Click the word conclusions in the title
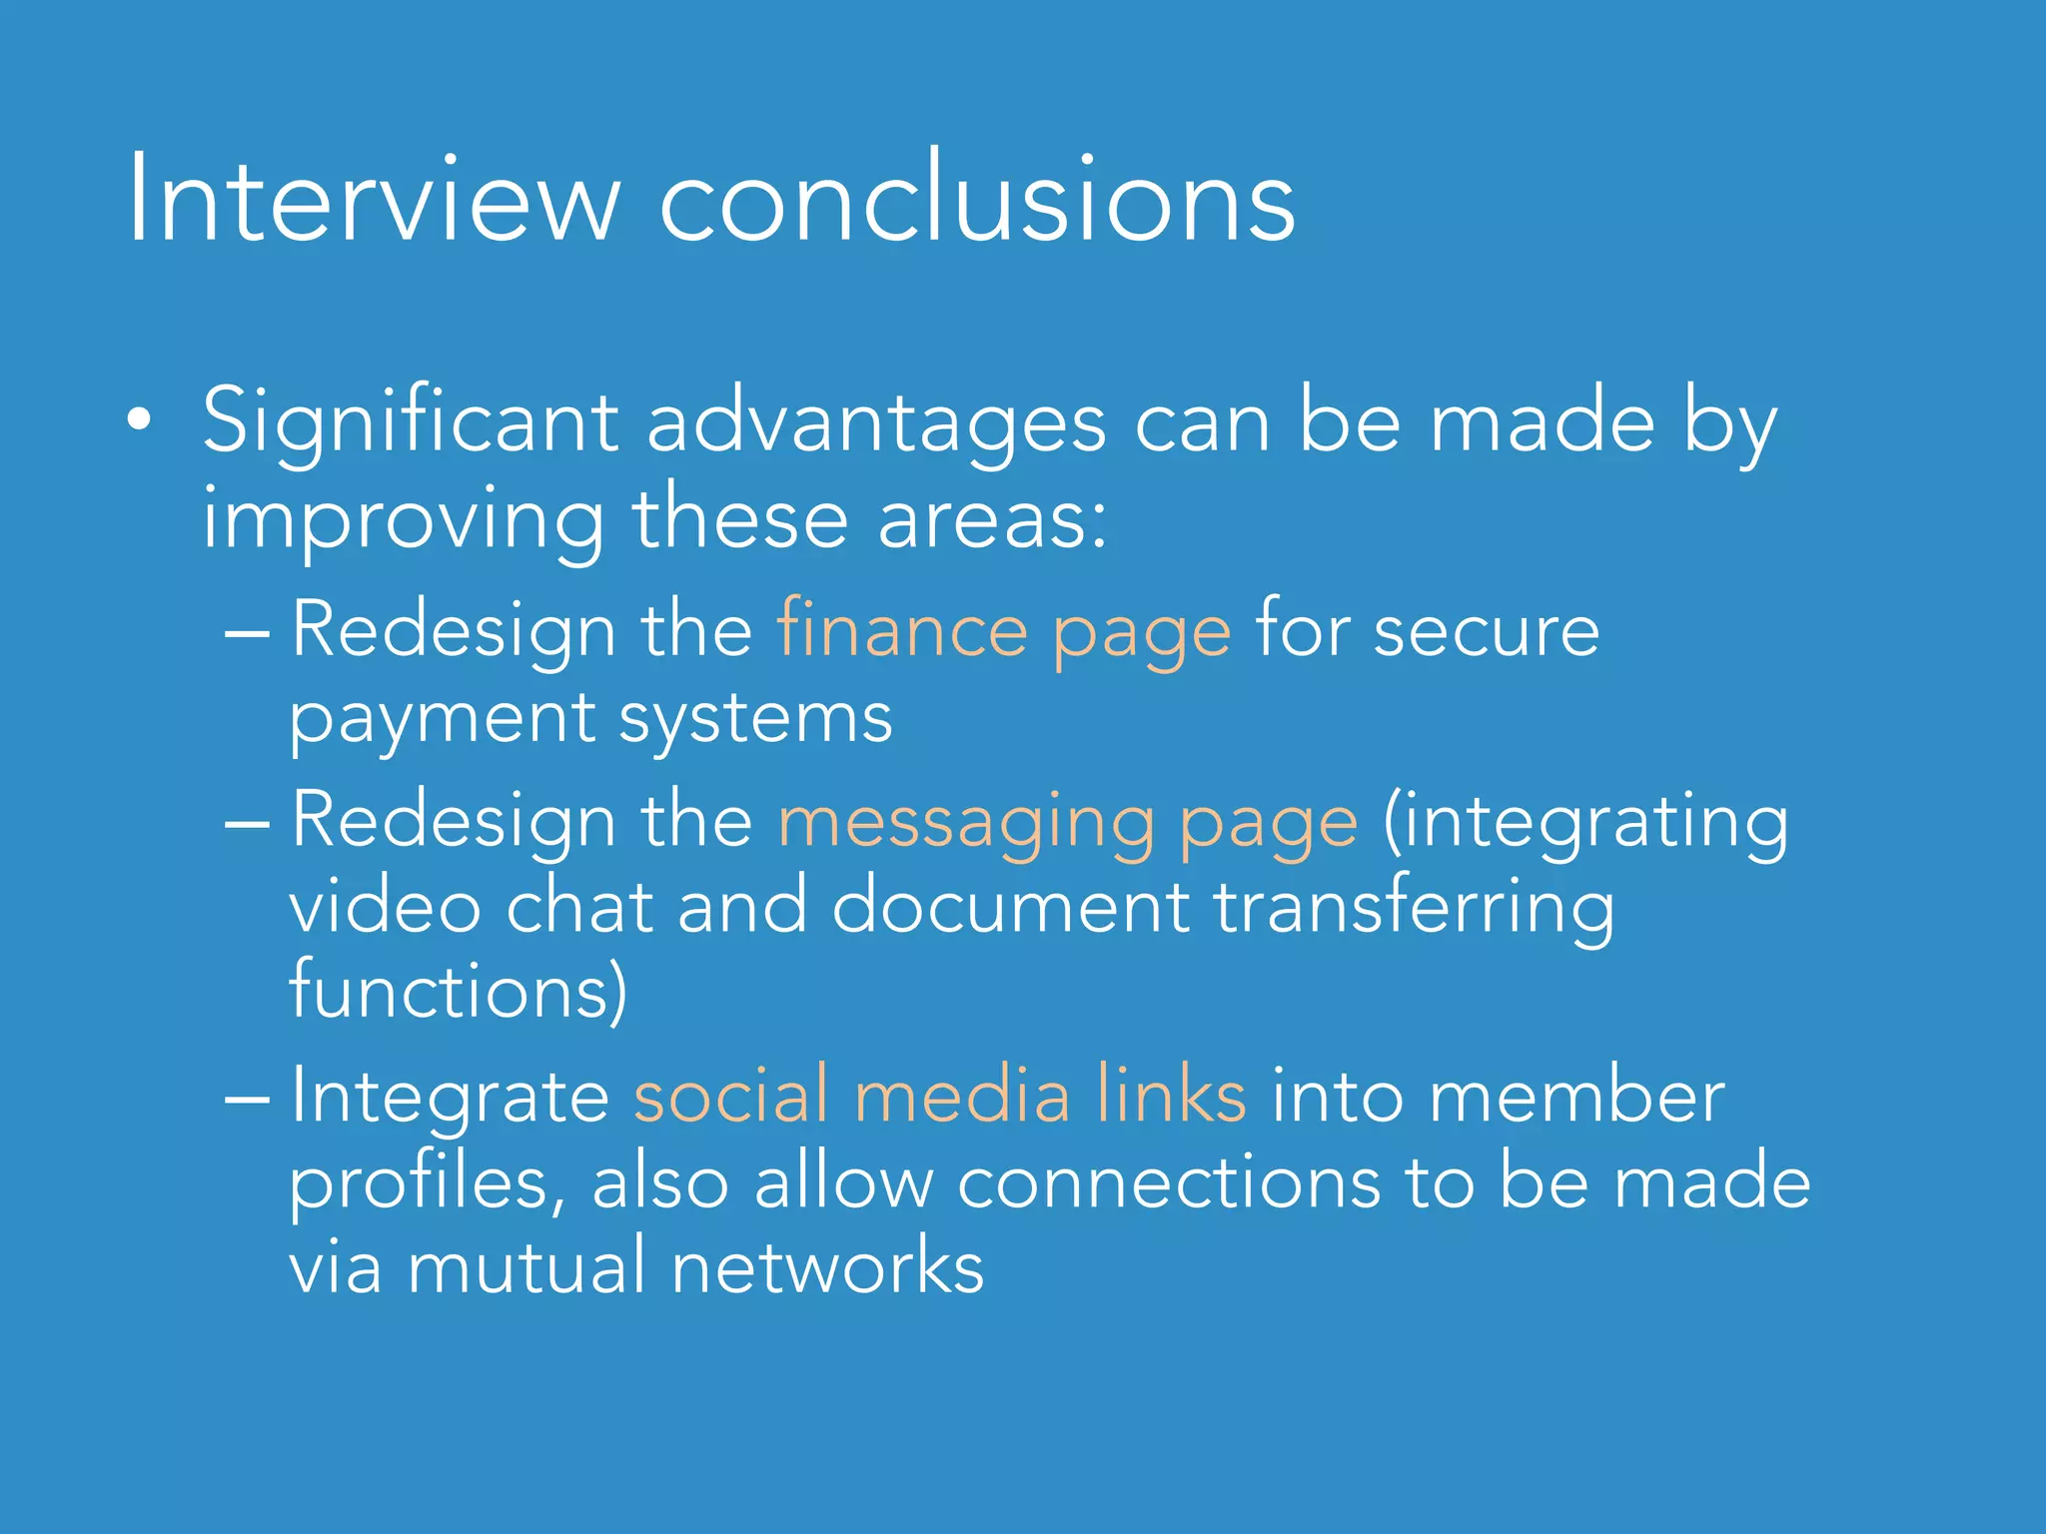pyautogui.click(x=977, y=200)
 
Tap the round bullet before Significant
pyautogui.click(x=140, y=420)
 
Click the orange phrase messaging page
pyautogui.click(x=1067, y=822)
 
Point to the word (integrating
pyautogui.click(x=1585, y=822)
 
